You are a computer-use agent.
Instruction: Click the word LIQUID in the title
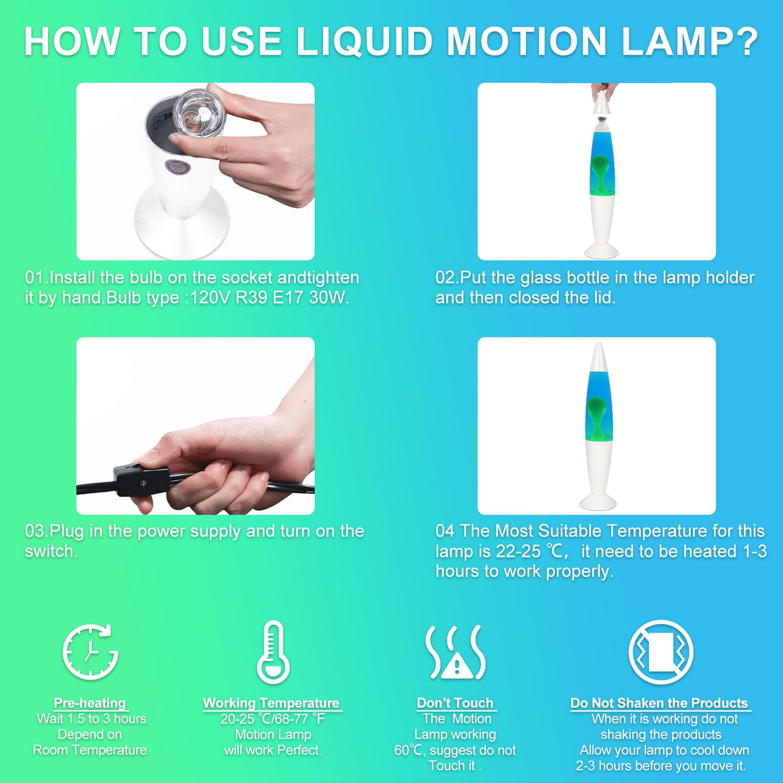coord(364,41)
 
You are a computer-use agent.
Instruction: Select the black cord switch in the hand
coord(141,481)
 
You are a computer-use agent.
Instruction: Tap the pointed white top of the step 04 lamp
coord(598,357)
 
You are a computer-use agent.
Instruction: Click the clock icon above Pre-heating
coord(90,652)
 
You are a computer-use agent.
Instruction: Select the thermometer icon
coord(273,652)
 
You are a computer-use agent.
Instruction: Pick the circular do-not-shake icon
coord(661,652)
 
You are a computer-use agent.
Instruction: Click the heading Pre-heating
coord(90,703)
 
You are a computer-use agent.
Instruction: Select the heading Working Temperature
coord(271,703)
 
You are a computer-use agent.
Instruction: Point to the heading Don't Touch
coord(455,703)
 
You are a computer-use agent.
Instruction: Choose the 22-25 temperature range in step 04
coord(518,551)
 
